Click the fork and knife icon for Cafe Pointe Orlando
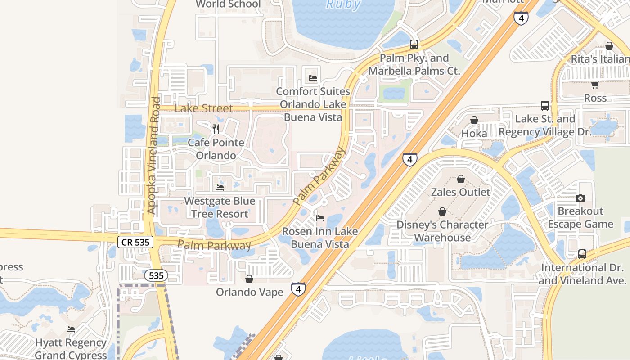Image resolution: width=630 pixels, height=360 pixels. point(216,129)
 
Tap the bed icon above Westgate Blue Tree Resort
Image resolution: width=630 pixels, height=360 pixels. point(220,187)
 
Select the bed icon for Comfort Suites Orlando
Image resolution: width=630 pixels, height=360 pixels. point(313,78)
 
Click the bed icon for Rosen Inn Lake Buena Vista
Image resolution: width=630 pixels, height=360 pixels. point(320,218)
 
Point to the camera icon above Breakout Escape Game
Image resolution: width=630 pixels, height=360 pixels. point(580,198)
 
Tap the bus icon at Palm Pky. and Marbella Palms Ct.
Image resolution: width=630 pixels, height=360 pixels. point(414,45)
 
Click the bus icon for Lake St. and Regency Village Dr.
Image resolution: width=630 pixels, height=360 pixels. point(545,106)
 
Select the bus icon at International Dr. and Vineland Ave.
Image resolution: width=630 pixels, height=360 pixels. point(582,254)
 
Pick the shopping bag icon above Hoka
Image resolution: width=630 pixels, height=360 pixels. point(474,120)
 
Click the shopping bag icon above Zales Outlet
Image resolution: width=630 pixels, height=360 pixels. point(461,179)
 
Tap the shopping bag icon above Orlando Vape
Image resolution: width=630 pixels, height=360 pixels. point(249,279)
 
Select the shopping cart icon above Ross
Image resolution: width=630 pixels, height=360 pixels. point(595,85)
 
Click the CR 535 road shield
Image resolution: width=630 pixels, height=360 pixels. point(136,242)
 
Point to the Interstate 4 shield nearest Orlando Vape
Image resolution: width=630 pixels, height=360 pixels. point(298,289)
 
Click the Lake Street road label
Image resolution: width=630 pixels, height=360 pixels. point(204,108)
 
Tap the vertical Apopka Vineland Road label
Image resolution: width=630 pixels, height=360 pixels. point(153,155)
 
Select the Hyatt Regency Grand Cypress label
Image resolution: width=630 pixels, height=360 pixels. point(71,349)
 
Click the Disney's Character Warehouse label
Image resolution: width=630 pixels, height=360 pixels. point(442,231)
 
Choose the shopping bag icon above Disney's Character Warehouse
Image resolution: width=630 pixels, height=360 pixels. point(442,211)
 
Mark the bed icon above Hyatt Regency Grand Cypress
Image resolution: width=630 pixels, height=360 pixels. point(71,329)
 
